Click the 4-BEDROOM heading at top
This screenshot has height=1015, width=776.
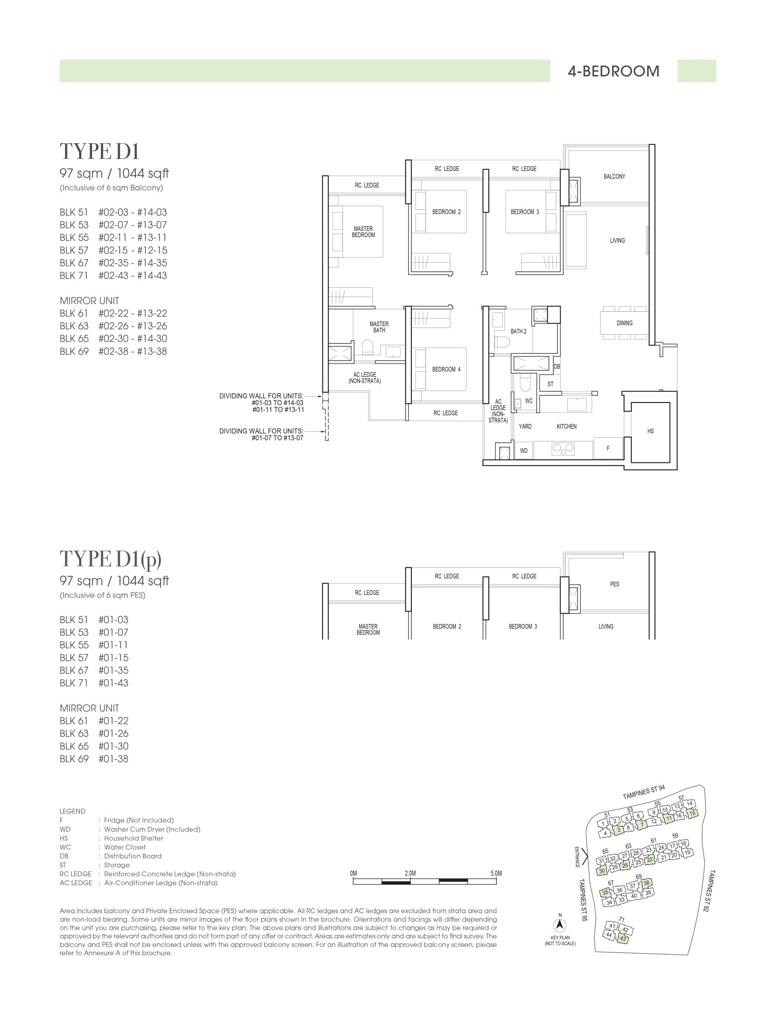tap(614, 71)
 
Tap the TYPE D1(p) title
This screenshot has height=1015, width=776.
tap(110, 559)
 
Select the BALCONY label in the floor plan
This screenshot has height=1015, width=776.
tap(614, 177)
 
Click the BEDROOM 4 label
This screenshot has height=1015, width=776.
tap(446, 369)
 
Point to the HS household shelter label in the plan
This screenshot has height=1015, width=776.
tap(650, 431)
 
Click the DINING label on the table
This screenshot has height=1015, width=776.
tap(624, 323)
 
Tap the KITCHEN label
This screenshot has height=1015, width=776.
tap(566, 426)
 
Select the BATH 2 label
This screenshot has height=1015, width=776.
tap(518, 331)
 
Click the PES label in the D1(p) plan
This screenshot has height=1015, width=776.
tap(614, 584)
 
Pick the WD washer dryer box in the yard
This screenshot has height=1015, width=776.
tap(524, 450)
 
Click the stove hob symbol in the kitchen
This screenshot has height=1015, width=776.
tap(563, 447)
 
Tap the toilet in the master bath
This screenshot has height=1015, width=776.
tap(368, 347)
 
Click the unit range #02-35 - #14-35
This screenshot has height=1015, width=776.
tap(133, 263)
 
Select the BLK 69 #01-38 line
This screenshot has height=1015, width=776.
tap(94, 759)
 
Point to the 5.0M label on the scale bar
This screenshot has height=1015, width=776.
tap(496, 873)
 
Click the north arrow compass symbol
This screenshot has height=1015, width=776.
tap(560, 925)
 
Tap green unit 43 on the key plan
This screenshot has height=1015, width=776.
tap(623, 938)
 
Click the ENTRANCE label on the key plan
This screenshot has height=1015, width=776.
tap(576, 857)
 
